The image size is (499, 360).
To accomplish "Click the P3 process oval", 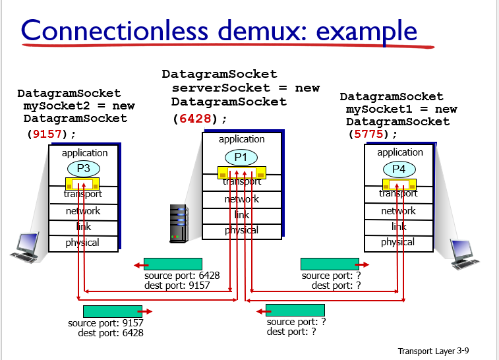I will tap(83, 167).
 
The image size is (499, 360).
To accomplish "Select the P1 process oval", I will tap(241, 157).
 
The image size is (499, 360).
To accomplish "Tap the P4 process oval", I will tap(399, 169).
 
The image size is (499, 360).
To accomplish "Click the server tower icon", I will tap(179, 223).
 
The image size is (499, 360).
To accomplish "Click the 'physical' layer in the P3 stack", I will tap(83, 243).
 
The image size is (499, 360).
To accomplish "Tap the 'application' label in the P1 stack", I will tap(241, 139).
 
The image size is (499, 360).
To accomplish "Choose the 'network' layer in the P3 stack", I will tap(83, 211).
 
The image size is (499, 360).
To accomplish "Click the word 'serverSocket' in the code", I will tap(215, 88).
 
